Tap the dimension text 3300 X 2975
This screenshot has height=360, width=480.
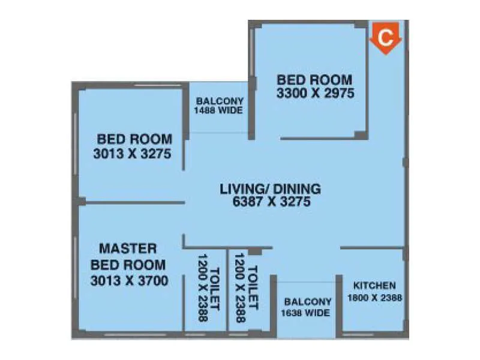(315, 94)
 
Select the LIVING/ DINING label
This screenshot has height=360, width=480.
(270, 188)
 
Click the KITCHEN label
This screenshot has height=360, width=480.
(374, 285)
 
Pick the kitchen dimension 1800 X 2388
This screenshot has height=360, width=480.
(374, 297)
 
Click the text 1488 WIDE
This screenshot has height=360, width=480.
(218, 111)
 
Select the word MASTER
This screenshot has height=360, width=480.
(128, 248)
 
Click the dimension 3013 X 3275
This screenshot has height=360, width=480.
(133, 154)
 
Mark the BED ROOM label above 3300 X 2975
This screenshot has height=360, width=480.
(314, 79)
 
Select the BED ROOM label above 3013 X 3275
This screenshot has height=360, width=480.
(134, 139)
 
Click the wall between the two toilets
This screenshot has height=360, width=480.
(228, 288)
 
